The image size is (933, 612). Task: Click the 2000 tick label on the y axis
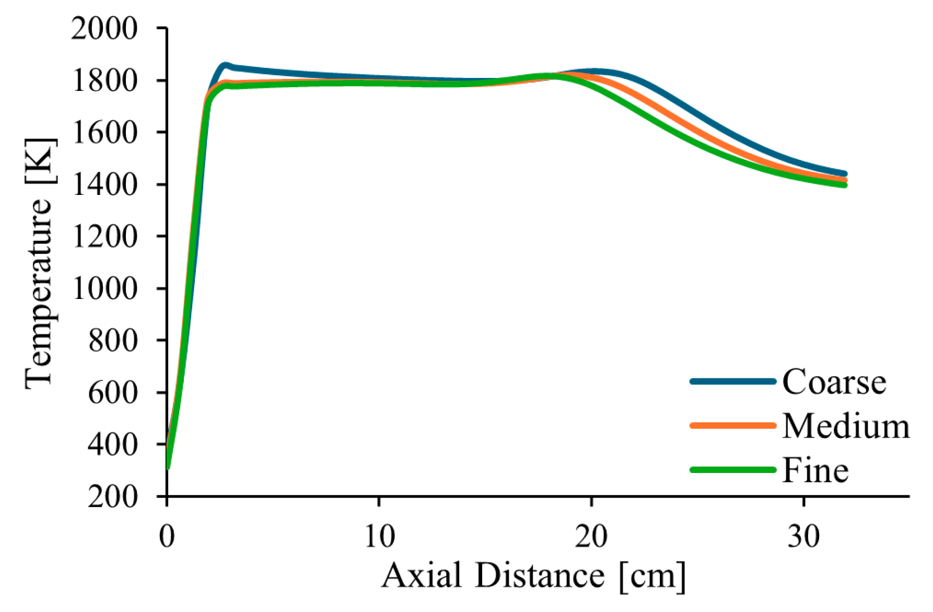point(104,28)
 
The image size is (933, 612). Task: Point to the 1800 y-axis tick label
point(104,80)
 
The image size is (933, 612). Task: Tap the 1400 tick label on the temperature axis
point(104,184)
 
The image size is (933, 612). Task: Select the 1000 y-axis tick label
point(104,288)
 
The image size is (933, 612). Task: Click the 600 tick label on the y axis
point(112,392)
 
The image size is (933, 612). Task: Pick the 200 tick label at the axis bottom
point(112,496)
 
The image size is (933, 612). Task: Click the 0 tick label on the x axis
point(167,536)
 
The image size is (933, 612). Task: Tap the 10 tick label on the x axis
point(379,536)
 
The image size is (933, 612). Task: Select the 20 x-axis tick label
point(591,536)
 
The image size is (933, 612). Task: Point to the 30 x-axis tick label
point(803,536)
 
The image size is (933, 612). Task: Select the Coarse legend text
point(834,382)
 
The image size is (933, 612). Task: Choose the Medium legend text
point(845,426)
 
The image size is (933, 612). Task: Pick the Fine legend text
point(815,470)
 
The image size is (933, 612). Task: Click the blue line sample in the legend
point(732,382)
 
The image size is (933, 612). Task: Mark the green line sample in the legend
point(732,470)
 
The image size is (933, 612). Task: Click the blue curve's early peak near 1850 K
point(225,65)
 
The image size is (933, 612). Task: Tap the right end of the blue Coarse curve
point(844,174)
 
